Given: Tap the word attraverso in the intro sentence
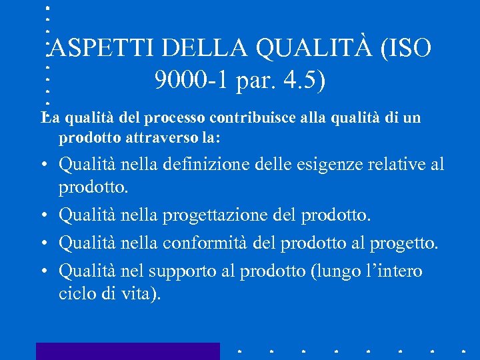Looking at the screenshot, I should (157, 138).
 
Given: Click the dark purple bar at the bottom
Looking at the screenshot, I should (127, 351).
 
